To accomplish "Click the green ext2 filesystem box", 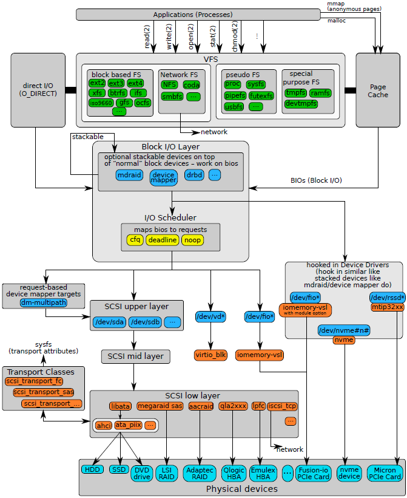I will click(x=97, y=83).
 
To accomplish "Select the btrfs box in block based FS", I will click(x=118, y=93).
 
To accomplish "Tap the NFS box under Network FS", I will click(x=169, y=85).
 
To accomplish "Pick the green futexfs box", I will click(x=261, y=95).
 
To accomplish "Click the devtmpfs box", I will click(x=301, y=104).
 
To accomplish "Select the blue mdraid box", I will click(x=129, y=175).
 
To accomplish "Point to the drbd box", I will click(x=194, y=175).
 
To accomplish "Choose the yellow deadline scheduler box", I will click(x=162, y=240).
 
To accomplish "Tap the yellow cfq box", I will click(x=135, y=240).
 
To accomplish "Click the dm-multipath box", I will click(x=43, y=302).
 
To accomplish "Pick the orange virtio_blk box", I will click(x=211, y=354).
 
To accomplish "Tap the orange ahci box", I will click(x=104, y=425).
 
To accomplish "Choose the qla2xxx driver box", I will click(x=234, y=406).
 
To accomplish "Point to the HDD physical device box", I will click(x=92, y=469).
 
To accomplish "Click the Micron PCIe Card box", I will click(x=385, y=473).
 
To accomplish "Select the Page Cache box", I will click(x=378, y=90).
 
